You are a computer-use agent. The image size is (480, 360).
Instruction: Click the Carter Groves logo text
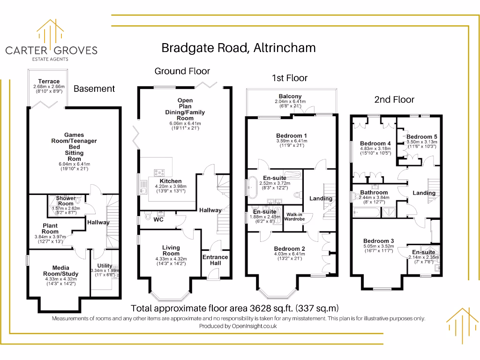[51, 50]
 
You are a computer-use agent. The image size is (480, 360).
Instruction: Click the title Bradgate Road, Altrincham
[238, 47]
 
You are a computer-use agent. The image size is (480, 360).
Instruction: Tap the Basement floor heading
[94, 89]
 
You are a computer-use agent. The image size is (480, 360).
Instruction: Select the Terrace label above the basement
[49, 81]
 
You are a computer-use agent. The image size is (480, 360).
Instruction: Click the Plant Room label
[50, 228]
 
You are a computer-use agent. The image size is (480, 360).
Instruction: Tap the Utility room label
[105, 266]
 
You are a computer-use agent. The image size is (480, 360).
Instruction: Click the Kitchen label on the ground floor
[171, 181]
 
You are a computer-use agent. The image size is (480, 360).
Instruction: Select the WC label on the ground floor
[158, 219]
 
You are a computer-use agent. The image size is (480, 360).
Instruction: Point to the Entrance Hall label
[215, 260]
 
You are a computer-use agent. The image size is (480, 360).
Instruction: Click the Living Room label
[171, 250]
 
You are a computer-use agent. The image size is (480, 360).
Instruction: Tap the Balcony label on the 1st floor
[290, 96]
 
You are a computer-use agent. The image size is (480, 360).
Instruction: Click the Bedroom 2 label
[290, 248]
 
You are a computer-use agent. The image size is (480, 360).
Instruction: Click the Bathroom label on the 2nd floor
[374, 192]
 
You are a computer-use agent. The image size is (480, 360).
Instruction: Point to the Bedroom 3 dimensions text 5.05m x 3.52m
[379, 247]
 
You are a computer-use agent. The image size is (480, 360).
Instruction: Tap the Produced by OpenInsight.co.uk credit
[238, 326]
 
